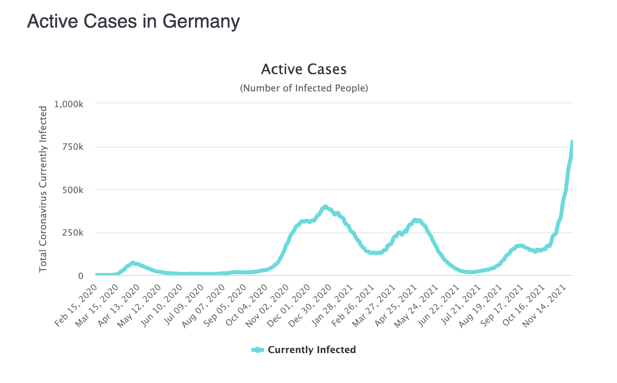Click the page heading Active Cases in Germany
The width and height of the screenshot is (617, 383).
coord(133,21)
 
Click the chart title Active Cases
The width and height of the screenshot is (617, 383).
coord(304,69)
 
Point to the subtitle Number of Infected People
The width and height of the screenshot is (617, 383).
coord(304,88)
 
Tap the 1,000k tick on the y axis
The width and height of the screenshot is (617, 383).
coord(69,104)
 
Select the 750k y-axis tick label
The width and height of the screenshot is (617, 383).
coord(72,147)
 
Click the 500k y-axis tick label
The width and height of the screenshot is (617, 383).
coord(72,190)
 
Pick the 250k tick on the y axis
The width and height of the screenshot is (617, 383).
coord(72,233)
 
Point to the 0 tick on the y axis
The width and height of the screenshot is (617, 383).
coord(80,276)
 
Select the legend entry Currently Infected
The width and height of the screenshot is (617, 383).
coord(312,350)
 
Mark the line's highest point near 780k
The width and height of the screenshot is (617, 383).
coord(572,141)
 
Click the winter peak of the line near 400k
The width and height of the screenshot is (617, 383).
coord(325,207)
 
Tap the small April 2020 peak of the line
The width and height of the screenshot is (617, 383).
coord(133,263)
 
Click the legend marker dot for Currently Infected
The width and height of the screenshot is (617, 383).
coord(258,350)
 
